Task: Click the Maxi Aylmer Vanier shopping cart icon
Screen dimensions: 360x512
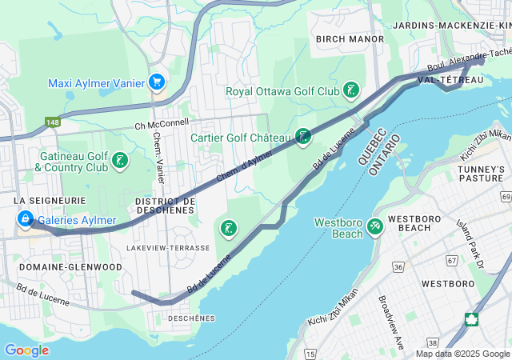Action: click(157, 83)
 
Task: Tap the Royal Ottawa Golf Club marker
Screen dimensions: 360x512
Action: click(350, 90)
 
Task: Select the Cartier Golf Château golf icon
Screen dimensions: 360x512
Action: click(302, 137)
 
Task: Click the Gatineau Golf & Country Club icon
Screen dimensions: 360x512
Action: click(119, 162)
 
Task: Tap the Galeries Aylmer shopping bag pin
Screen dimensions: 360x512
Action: click(25, 219)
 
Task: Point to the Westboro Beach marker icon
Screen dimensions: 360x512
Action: click(374, 228)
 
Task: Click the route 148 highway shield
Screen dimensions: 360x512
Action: click(53, 122)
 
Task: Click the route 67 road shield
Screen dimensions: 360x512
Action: click(453, 261)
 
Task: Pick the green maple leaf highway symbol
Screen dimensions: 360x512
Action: click(472, 319)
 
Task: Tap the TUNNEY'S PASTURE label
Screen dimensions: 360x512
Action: click(482, 174)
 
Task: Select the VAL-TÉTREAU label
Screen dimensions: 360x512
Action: click(450, 81)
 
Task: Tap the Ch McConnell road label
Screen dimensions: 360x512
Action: click(162, 123)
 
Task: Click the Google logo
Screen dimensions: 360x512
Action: click(26, 350)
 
